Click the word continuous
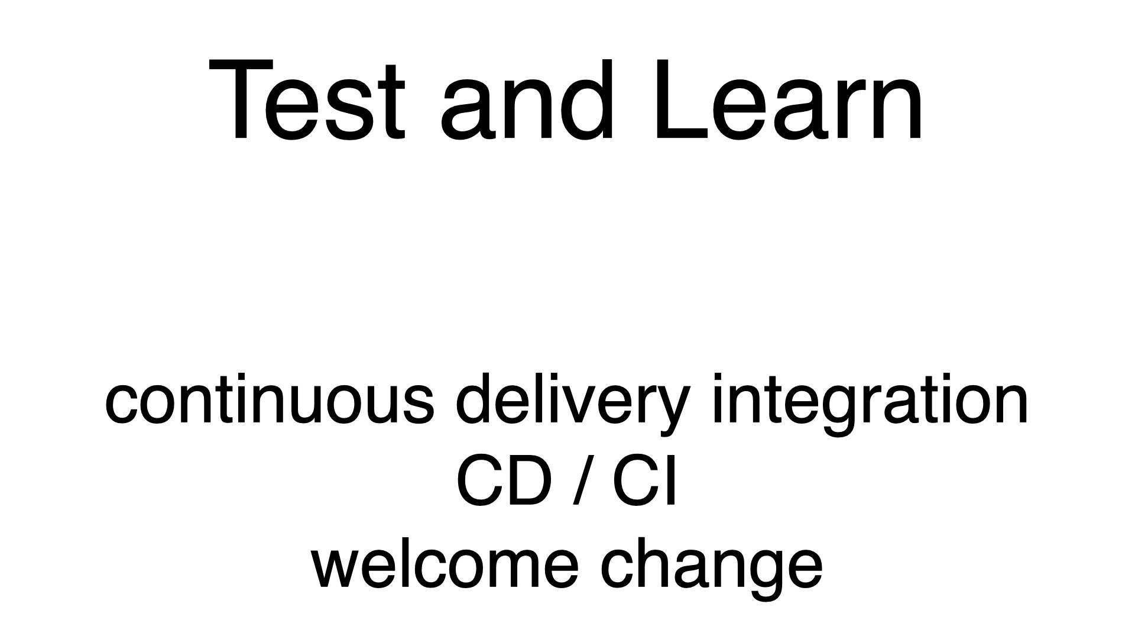pyautogui.click(x=270, y=399)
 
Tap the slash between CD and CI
pyautogui.click(x=582, y=483)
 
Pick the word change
pyautogui.click(x=712, y=570)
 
